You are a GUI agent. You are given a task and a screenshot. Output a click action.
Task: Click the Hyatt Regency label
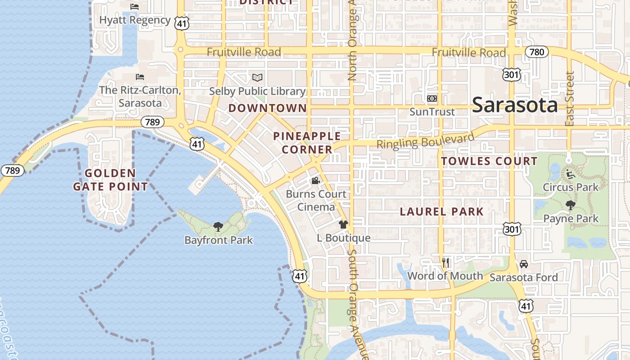(x=135, y=20)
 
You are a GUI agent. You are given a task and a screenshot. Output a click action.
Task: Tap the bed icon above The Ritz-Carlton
(x=139, y=77)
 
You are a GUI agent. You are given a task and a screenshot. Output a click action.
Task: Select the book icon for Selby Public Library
(x=257, y=78)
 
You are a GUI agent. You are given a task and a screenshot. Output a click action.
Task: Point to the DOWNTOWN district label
(x=267, y=108)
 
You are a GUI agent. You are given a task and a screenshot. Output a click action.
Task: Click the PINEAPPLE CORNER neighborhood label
(x=307, y=143)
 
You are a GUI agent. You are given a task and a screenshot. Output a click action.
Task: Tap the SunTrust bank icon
(x=432, y=99)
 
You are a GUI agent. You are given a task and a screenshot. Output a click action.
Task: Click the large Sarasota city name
(x=515, y=105)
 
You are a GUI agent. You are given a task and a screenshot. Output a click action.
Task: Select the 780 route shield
(x=537, y=52)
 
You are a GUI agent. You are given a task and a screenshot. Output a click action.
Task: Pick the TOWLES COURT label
(x=489, y=161)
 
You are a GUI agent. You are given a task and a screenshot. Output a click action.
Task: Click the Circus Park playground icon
(x=571, y=174)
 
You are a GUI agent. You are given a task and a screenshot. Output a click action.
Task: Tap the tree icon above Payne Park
(x=571, y=206)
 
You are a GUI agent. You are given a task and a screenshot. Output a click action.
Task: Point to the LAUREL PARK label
(x=441, y=211)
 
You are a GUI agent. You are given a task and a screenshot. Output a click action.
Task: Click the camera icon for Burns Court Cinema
(x=316, y=181)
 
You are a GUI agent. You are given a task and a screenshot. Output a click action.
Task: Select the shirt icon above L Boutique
(x=343, y=224)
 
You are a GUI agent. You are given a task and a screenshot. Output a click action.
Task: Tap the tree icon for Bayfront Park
(x=218, y=226)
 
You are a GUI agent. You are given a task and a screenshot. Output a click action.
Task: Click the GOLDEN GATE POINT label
(x=110, y=180)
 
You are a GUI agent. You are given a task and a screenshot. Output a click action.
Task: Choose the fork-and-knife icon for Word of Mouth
(x=445, y=262)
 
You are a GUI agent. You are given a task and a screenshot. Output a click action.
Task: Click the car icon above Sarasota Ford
(x=523, y=264)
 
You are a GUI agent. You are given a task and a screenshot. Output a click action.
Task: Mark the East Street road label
(x=570, y=99)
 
